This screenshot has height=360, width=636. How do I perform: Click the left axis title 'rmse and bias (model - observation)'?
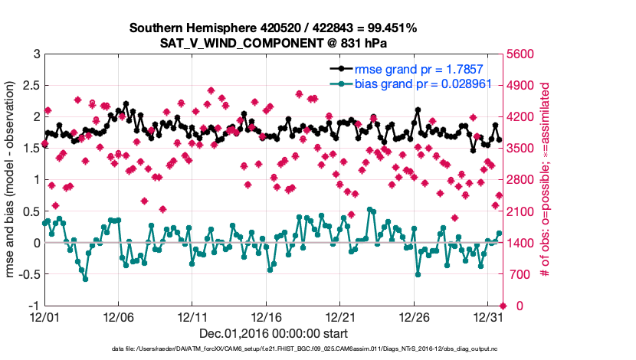click(13, 180)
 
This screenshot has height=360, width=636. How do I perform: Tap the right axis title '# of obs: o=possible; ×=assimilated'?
click(546, 180)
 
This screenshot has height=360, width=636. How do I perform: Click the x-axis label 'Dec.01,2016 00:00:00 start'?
click(273, 333)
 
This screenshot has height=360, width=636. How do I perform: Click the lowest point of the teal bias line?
click(85, 279)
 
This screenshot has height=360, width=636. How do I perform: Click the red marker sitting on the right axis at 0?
click(501, 306)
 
